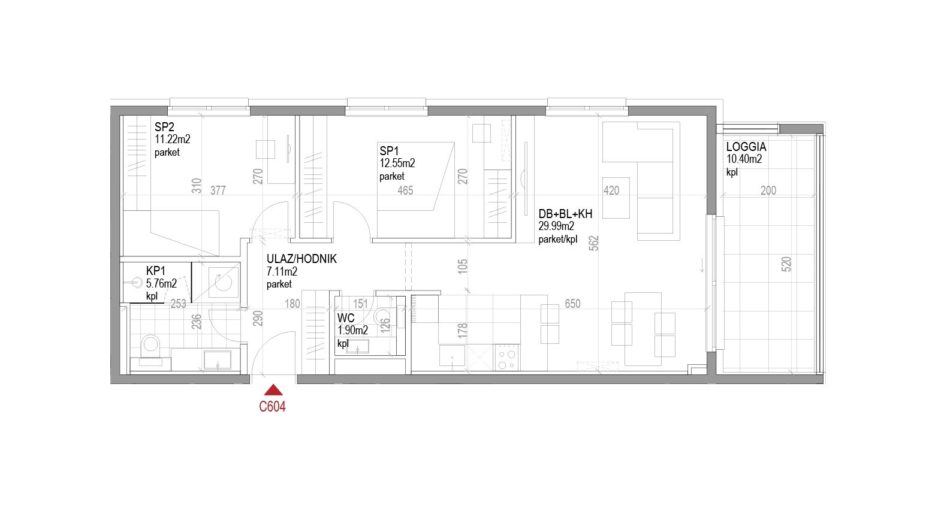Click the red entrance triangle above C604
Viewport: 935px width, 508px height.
tap(273, 391)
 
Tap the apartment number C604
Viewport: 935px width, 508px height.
tap(272, 407)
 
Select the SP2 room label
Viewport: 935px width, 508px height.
tap(164, 127)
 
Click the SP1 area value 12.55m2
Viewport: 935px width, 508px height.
tap(397, 164)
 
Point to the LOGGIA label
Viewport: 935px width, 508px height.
tap(746, 147)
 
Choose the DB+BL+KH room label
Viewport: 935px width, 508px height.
tap(565, 214)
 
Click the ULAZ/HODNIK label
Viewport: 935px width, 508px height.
tap(301, 259)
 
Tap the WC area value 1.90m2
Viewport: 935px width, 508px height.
tap(352, 331)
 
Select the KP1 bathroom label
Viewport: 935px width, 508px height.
tap(155, 271)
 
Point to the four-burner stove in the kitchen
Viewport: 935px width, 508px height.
tap(506, 358)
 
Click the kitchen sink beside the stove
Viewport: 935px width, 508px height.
tap(452, 356)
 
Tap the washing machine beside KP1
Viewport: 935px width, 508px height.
tap(224, 282)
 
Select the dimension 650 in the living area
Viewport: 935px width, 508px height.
tap(572, 304)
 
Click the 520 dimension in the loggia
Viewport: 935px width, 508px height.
tap(786, 264)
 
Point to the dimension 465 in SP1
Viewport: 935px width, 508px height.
tap(405, 190)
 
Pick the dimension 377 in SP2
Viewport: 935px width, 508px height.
tap(218, 190)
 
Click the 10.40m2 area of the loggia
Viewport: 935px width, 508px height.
tap(744, 159)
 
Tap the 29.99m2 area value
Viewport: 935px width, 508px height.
tap(556, 226)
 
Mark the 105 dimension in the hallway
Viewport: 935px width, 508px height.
tap(463, 267)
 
